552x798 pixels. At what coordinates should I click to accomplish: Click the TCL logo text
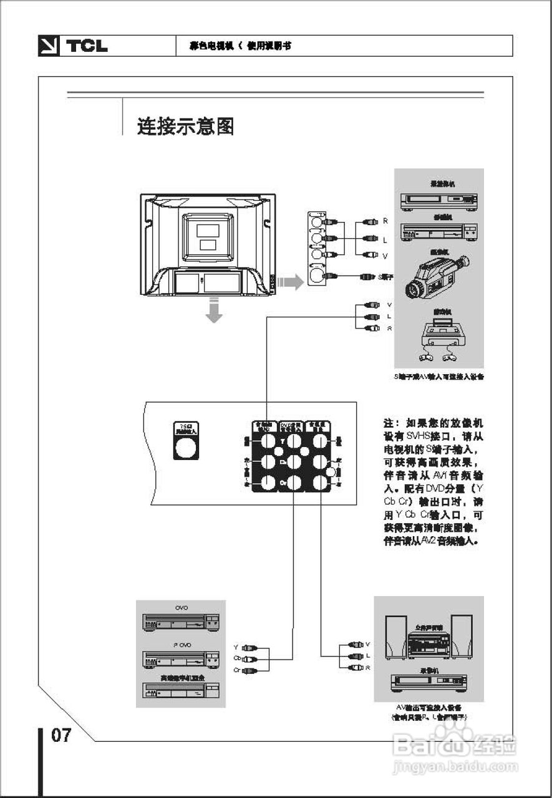87,46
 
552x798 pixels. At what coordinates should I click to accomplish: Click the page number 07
61,736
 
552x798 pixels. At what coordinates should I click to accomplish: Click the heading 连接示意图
185,127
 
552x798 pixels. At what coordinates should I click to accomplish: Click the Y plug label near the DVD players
236,647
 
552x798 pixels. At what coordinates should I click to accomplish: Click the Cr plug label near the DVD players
236,670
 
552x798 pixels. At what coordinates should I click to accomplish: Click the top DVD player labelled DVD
181,622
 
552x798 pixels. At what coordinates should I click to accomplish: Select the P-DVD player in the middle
181,658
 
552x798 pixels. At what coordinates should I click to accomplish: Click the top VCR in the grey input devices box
438,200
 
